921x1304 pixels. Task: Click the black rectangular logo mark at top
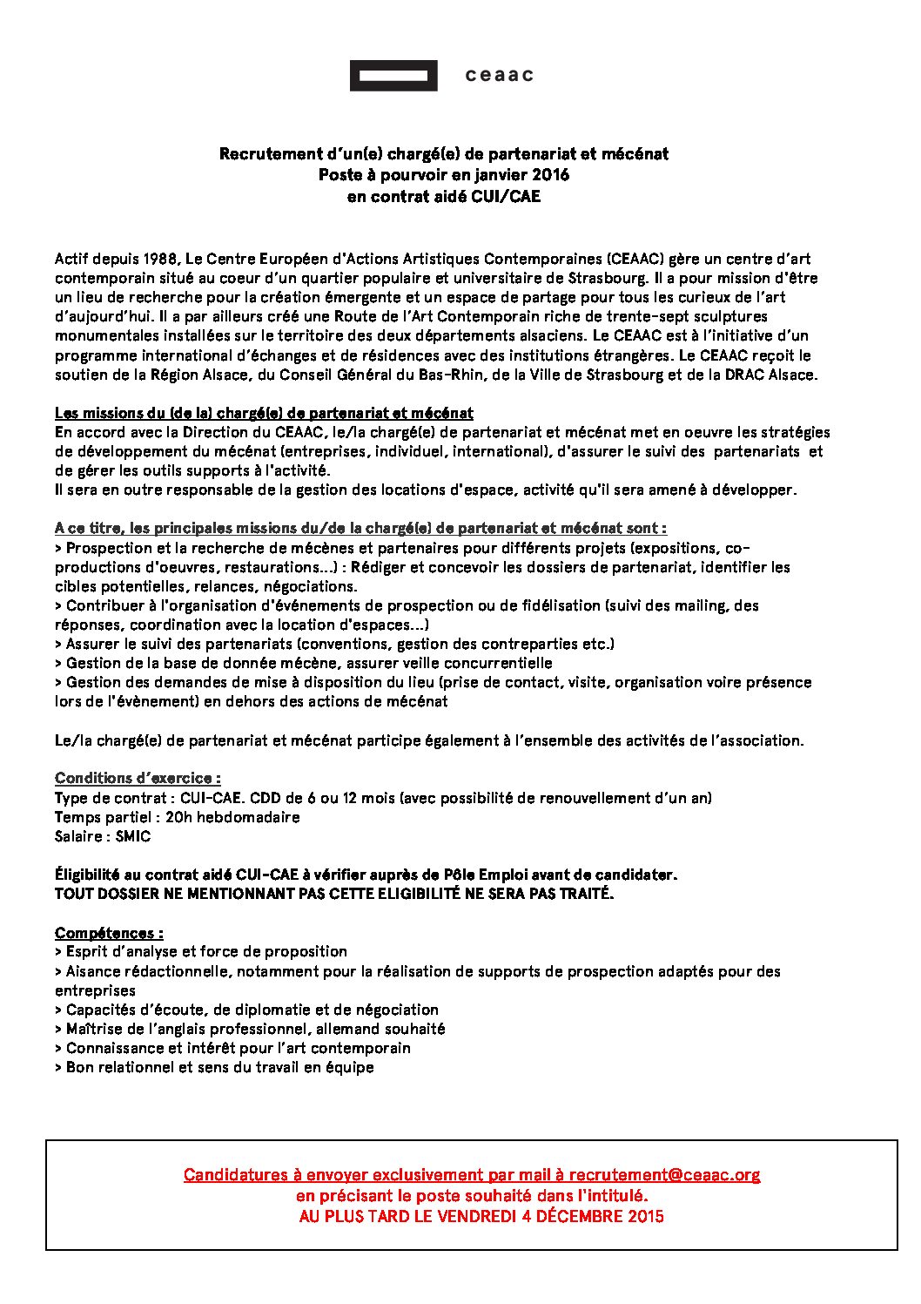click(393, 76)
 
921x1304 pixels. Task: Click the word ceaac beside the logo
click(500, 76)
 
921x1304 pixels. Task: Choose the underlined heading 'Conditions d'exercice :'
click(138, 778)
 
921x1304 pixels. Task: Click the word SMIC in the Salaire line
click(133, 836)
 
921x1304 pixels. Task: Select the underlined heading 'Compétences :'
click(109, 932)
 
